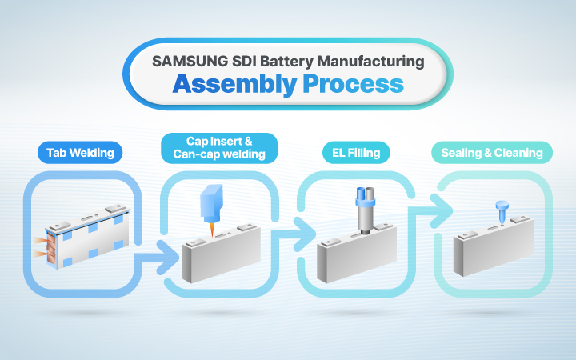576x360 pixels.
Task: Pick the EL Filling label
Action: coord(356,152)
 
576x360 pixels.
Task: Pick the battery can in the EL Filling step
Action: coord(355,257)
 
